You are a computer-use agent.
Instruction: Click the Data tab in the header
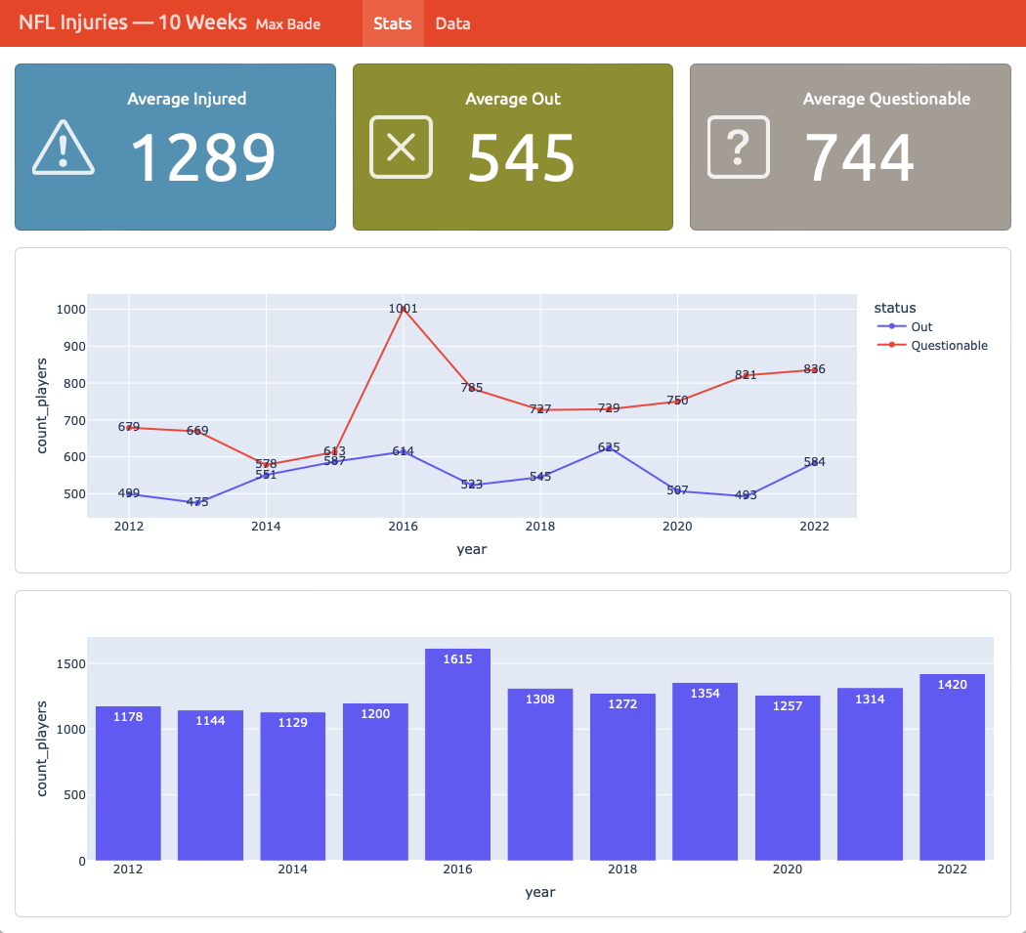click(x=452, y=23)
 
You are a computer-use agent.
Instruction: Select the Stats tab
click(x=392, y=23)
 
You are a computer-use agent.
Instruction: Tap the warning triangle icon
click(x=64, y=148)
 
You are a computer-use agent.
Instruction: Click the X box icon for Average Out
click(x=401, y=148)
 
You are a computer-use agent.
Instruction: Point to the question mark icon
click(x=739, y=148)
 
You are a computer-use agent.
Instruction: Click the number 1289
click(x=203, y=157)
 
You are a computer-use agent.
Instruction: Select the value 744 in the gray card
click(x=859, y=157)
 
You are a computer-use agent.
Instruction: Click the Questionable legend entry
click(x=949, y=345)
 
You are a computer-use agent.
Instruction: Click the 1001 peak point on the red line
click(x=403, y=309)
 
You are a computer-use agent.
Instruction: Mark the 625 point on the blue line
click(x=609, y=447)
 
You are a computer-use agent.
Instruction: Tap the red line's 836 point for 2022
click(x=814, y=369)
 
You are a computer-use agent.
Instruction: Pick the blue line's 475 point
click(x=197, y=502)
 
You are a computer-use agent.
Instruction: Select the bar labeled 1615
click(x=457, y=752)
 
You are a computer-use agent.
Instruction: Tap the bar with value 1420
click(x=952, y=766)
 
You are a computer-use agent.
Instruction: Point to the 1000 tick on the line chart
click(x=72, y=309)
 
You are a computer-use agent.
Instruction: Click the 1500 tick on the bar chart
click(x=72, y=663)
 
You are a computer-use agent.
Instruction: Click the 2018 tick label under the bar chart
click(x=621, y=869)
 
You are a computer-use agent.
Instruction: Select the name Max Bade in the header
click(x=287, y=24)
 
